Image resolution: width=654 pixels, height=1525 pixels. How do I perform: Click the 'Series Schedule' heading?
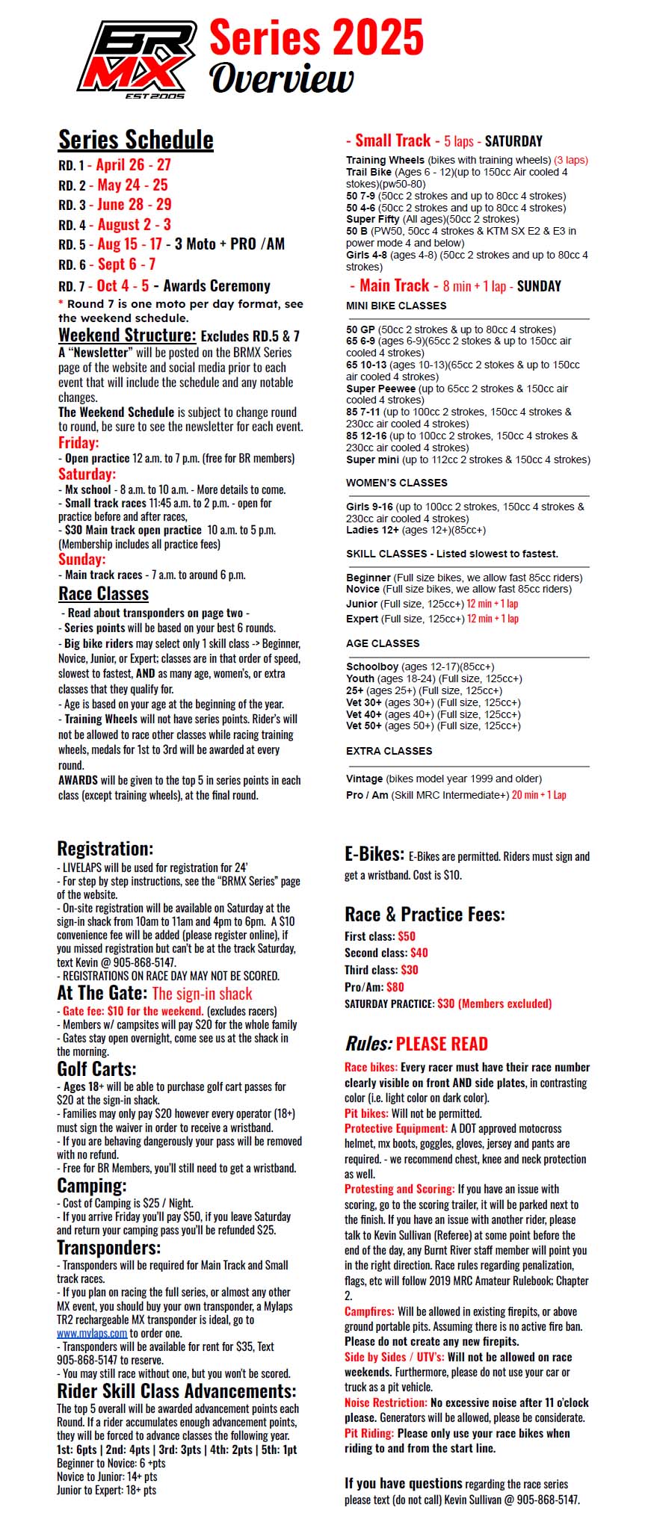[x=136, y=140]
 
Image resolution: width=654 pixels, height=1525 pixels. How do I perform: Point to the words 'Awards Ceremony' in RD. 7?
[x=217, y=285]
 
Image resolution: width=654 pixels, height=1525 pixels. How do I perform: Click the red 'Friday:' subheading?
[x=78, y=442]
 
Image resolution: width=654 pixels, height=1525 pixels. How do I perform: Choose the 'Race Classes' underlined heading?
[x=104, y=594]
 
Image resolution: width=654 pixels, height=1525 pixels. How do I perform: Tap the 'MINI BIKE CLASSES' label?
[x=396, y=306]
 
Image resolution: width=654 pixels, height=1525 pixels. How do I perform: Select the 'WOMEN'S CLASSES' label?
[x=397, y=483]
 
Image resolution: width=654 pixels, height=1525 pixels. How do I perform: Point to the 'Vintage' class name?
[x=365, y=779]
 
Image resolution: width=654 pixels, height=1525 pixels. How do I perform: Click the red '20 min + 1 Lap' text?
[x=539, y=795]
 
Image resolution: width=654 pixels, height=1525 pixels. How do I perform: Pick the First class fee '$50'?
[x=407, y=936]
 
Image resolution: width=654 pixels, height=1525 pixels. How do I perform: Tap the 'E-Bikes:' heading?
[x=374, y=854]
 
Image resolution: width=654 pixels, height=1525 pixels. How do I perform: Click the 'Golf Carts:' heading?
[x=96, y=1069]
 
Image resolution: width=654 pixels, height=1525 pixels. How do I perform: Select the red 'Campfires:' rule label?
[x=369, y=1311]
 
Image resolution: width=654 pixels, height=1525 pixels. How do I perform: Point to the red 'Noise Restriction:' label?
[x=386, y=1402]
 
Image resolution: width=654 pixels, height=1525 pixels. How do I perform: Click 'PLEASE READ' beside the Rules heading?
[x=442, y=1044]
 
